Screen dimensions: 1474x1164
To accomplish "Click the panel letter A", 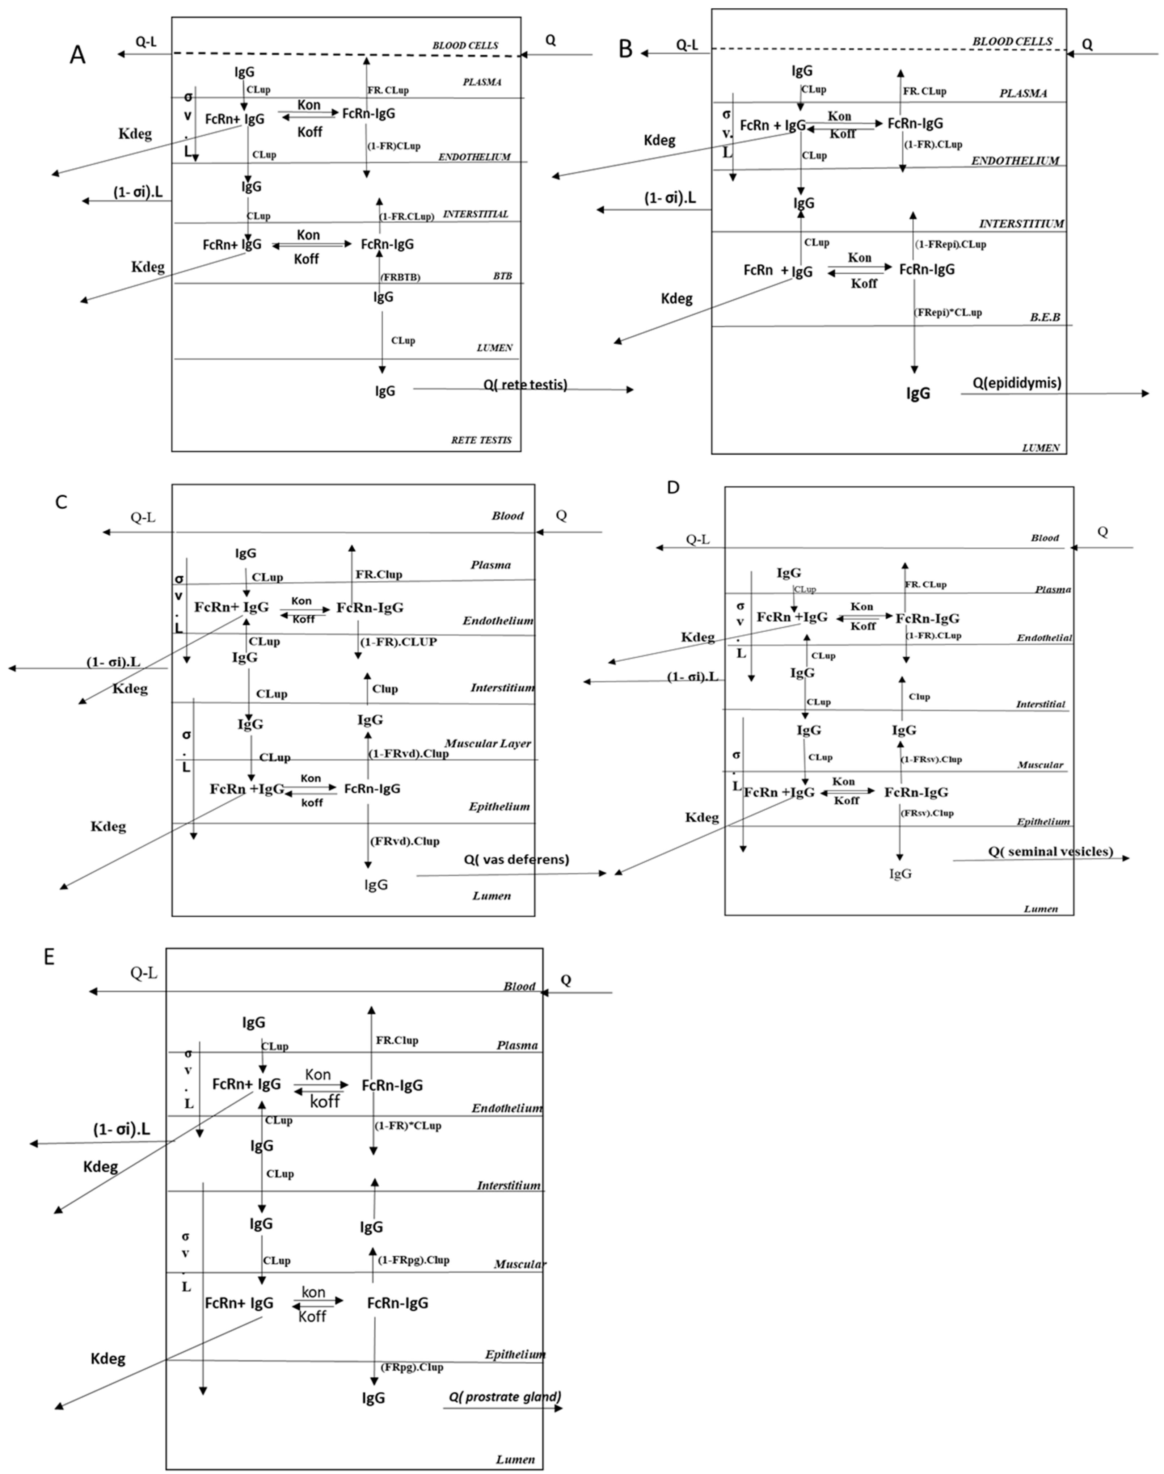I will [78, 55].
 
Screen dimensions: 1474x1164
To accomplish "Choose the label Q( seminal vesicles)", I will [1050, 851].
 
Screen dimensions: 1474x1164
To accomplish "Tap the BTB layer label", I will [502, 276].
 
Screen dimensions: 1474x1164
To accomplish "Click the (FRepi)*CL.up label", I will [947, 312].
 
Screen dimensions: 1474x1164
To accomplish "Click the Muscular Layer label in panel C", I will [487, 744].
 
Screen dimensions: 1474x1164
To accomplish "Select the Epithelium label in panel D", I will [1043, 822].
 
